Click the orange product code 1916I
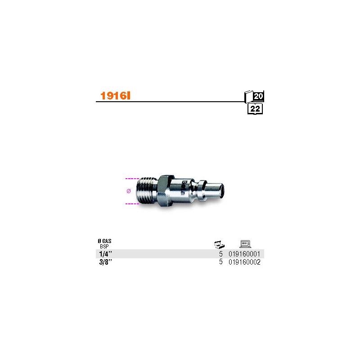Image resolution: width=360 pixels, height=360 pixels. click(115, 96)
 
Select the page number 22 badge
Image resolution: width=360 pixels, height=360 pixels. click(255, 108)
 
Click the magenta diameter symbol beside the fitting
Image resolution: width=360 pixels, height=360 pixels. click(129, 191)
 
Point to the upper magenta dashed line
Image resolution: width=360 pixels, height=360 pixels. click(132, 179)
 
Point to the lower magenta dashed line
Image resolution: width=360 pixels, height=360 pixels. click(132, 204)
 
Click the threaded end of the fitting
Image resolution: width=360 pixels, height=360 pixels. click(147, 191)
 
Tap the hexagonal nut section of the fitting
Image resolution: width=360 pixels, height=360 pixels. click(164, 190)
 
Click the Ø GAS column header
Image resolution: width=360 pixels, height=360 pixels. click(104, 241)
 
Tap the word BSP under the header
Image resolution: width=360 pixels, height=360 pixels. click(104, 246)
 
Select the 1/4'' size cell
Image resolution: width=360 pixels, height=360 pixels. click(105, 254)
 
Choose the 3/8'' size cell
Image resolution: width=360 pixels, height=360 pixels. click(105, 262)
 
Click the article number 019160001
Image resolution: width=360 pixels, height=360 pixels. click(244, 254)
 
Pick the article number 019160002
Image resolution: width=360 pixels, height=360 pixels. click(244, 262)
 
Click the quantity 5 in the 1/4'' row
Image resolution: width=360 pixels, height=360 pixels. click(221, 254)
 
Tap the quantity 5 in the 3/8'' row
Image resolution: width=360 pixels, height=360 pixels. click(221, 262)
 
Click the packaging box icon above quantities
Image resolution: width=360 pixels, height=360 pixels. click(219, 244)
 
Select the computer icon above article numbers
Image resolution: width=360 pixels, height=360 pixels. click(245, 244)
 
